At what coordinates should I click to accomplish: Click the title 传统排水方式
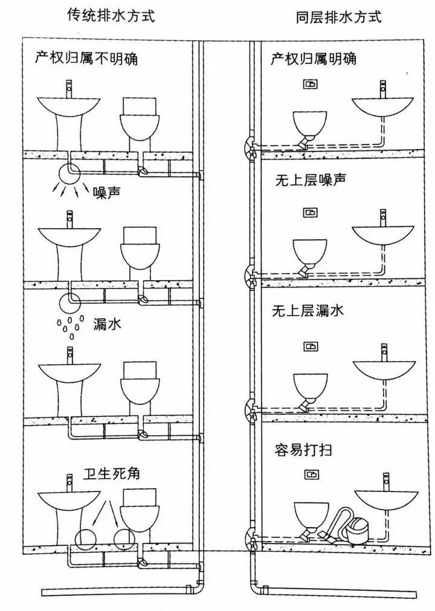coord(111,16)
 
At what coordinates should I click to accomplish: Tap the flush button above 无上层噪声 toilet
coord(310,213)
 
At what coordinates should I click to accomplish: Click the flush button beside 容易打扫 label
coord(311,475)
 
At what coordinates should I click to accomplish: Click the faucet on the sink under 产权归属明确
coord(382,89)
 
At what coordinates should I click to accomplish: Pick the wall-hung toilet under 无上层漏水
coord(310,386)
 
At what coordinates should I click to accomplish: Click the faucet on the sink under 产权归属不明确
coord(69,88)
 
